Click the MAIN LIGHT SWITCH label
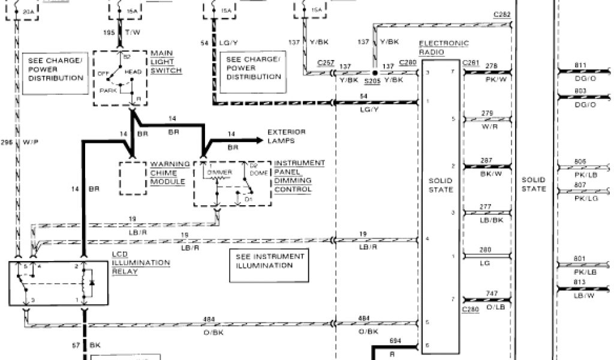click(166, 62)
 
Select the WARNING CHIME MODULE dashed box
click(134, 177)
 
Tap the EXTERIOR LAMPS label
click(287, 136)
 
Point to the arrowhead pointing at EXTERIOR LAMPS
click(260, 140)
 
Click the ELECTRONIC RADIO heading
click(443, 48)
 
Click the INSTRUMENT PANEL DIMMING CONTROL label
click(299, 176)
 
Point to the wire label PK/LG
click(580, 198)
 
